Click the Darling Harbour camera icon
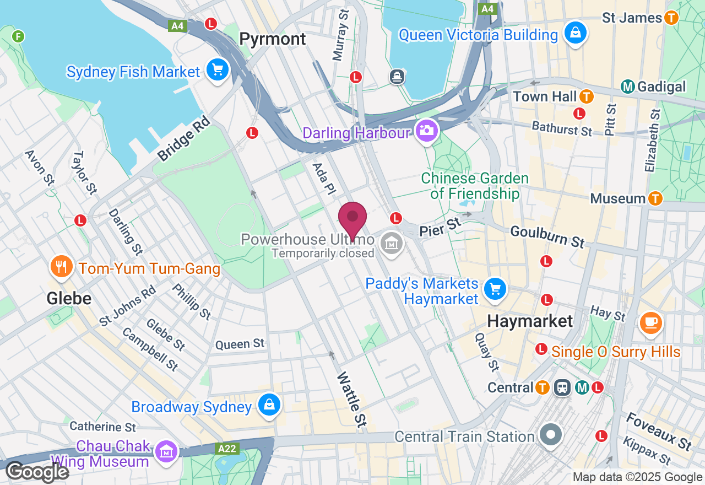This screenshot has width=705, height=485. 426,131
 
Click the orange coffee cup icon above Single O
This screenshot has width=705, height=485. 650,322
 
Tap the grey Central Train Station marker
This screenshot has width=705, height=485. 550,435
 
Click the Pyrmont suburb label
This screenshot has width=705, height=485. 273,39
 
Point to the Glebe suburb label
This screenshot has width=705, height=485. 69,299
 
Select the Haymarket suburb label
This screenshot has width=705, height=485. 530,321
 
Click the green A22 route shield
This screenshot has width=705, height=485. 227,449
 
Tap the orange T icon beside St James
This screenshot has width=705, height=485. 671,18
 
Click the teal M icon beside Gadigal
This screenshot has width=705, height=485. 627,87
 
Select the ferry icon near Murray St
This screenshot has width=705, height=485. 397,77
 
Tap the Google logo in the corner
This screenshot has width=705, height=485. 37,472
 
